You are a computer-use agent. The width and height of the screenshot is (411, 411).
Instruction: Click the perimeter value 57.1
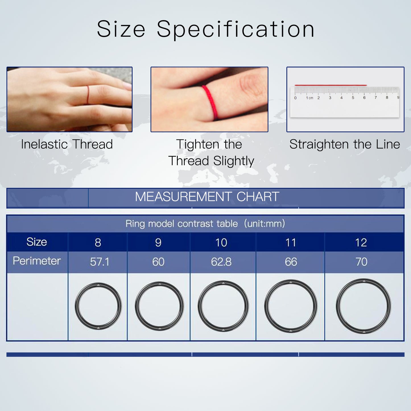click(99, 262)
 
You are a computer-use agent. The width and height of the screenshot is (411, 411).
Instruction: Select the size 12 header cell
click(364, 242)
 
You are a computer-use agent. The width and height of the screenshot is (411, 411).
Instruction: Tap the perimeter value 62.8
click(221, 262)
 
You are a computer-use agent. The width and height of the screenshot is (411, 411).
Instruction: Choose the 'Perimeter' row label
click(37, 261)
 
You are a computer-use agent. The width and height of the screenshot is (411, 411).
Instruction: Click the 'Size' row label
click(37, 242)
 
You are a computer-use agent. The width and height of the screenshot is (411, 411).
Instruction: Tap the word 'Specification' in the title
click(236, 29)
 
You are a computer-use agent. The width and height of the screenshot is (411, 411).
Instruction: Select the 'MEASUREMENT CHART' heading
click(207, 197)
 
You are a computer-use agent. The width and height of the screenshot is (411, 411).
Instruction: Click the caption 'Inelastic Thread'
click(67, 144)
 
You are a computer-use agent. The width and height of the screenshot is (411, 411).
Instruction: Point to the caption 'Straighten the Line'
click(345, 144)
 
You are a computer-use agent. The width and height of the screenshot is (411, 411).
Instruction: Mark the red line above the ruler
click(331, 85)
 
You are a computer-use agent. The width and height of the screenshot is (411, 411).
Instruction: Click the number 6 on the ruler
click(364, 98)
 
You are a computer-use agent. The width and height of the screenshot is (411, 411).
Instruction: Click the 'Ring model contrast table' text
click(181, 224)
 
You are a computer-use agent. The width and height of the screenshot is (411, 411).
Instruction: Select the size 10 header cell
click(223, 242)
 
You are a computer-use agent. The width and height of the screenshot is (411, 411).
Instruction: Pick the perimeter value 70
click(361, 262)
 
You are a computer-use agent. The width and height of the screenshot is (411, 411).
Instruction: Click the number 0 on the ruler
click(295, 98)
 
